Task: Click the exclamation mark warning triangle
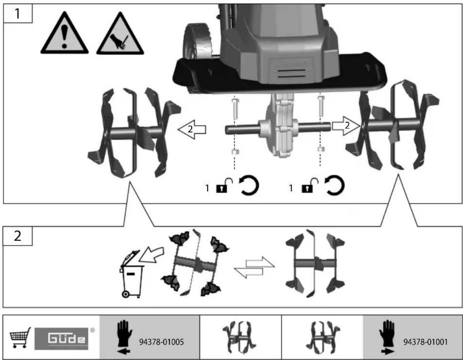coord(64,34)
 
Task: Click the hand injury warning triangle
coord(120,34)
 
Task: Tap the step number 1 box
coord(18,13)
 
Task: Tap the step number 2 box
coord(17,236)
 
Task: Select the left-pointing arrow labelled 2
coord(192,129)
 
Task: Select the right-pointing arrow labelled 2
coord(346,125)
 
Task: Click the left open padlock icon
coord(224,185)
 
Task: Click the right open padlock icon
coord(310,185)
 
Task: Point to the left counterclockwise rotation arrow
coord(249,185)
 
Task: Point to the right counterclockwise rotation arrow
coord(334,185)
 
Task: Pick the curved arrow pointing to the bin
coord(152,255)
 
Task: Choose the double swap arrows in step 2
coord(254,267)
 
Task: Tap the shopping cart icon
coord(20,338)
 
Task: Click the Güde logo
coord(62,339)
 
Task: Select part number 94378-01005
coord(161,342)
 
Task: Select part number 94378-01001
coord(426,342)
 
